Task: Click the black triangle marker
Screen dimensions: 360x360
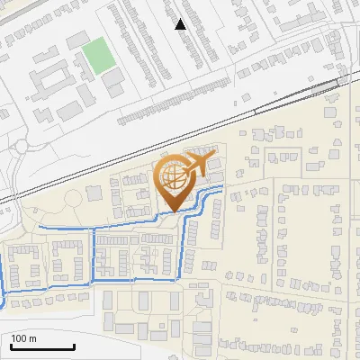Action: click(181, 24)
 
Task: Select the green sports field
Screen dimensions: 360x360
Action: click(96, 57)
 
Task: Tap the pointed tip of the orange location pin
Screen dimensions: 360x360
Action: click(174, 212)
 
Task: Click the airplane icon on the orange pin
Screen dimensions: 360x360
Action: click(195, 166)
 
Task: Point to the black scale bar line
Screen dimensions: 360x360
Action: click(41, 347)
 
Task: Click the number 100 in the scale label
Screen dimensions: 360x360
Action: click(20, 338)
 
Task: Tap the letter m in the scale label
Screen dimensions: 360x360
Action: click(32, 338)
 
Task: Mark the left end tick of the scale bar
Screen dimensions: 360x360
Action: click(10, 346)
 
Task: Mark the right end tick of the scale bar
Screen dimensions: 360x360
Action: click(74, 346)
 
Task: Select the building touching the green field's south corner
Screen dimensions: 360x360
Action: click(113, 81)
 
